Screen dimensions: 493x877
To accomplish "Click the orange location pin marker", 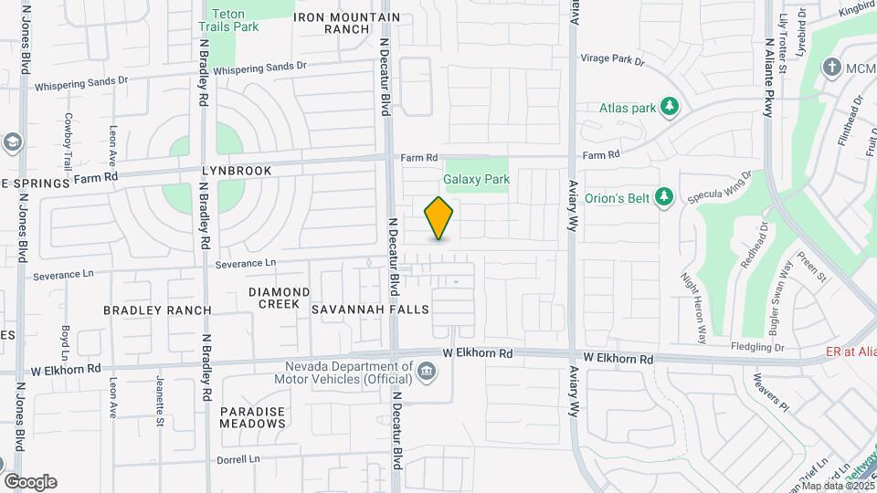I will (x=439, y=218).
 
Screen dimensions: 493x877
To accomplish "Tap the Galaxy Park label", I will (x=477, y=180).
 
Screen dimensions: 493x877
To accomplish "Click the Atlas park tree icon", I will (x=670, y=108).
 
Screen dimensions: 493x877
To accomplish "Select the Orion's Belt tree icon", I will (x=666, y=196).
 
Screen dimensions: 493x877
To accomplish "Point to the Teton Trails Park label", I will (x=235, y=20).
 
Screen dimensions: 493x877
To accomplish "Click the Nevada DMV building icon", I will (x=427, y=371).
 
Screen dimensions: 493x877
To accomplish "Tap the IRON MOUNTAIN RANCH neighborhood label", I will (x=347, y=23).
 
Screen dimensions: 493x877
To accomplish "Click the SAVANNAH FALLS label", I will (x=370, y=309).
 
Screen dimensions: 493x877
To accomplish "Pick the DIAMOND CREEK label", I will (x=280, y=298).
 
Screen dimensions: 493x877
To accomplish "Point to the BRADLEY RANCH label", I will (x=157, y=310).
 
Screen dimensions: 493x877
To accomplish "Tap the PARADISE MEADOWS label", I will (x=253, y=417).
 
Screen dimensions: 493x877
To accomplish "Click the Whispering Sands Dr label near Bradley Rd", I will (x=260, y=67).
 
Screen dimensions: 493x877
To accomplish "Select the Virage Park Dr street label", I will (x=613, y=60).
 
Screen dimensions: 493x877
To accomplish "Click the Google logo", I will (x=30, y=482).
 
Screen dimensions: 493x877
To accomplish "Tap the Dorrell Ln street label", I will (x=239, y=459).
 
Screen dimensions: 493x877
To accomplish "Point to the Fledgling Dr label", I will (x=757, y=347).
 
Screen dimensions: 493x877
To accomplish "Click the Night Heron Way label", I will (x=694, y=307).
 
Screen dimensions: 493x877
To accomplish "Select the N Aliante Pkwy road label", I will (x=769, y=63).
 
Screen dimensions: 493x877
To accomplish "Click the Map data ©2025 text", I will (x=836, y=485).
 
